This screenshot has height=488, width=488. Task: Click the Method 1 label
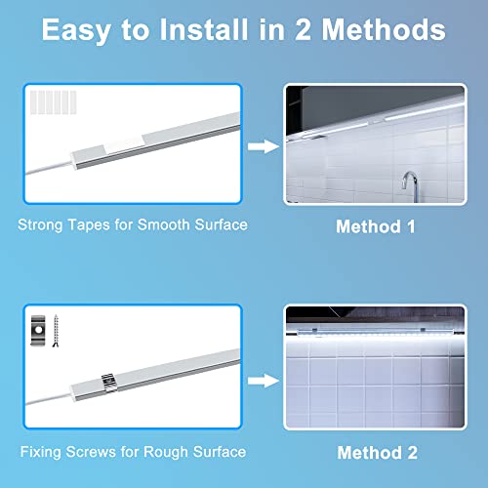(376, 226)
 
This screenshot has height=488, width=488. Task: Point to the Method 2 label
(376, 453)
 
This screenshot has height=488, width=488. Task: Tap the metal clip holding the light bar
(109, 380)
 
